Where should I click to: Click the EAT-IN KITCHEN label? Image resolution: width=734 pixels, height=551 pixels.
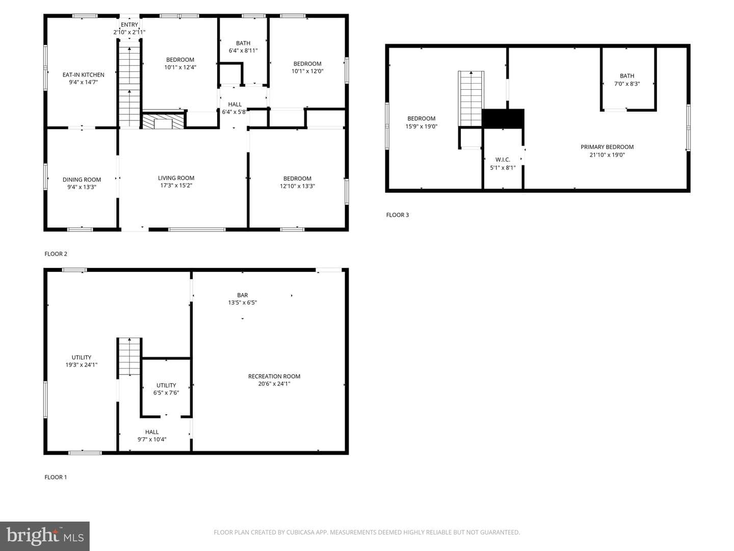pyautogui.click(x=83, y=74)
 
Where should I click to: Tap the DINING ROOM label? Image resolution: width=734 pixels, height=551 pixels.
pyautogui.click(x=82, y=180)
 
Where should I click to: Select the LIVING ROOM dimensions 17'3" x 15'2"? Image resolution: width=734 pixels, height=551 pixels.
pyautogui.click(x=176, y=185)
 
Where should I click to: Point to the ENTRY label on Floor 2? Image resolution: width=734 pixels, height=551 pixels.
pyautogui.click(x=129, y=24)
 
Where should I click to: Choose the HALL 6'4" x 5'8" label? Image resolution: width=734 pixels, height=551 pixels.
pyautogui.click(x=234, y=108)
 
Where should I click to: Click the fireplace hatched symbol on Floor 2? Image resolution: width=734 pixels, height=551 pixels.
pyautogui.click(x=163, y=121)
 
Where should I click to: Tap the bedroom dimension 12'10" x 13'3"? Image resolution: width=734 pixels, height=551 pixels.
pyautogui.click(x=297, y=186)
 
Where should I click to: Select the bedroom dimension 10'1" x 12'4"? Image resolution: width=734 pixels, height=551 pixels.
pyautogui.click(x=180, y=67)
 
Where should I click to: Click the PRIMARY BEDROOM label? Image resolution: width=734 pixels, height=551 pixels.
pyautogui.click(x=607, y=147)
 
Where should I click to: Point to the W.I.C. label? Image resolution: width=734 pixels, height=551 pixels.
pyautogui.click(x=503, y=160)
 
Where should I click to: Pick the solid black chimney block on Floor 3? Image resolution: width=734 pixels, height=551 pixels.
pyautogui.click(x=503, y=118)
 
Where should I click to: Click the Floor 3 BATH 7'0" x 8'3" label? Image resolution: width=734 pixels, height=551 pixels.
pyautogui.click(x=626, y=80)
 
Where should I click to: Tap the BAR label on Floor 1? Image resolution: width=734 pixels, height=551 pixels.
pyautogui.click(x=243, y=295)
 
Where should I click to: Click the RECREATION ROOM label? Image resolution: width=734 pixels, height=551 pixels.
pyautogui.click(x=274, y=377)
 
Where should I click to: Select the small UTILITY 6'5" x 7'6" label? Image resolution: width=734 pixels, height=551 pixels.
pyautogui.click(x=166, y=389)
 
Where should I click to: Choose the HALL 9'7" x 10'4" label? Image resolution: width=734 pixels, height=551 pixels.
pyautogui.click(x=152, y=436)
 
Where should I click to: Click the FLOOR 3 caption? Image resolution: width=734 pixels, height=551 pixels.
pyautogui.click(x=397, y=215)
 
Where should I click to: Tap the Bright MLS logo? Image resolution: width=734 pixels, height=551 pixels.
pyautogui.click(x=45, y=536)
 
